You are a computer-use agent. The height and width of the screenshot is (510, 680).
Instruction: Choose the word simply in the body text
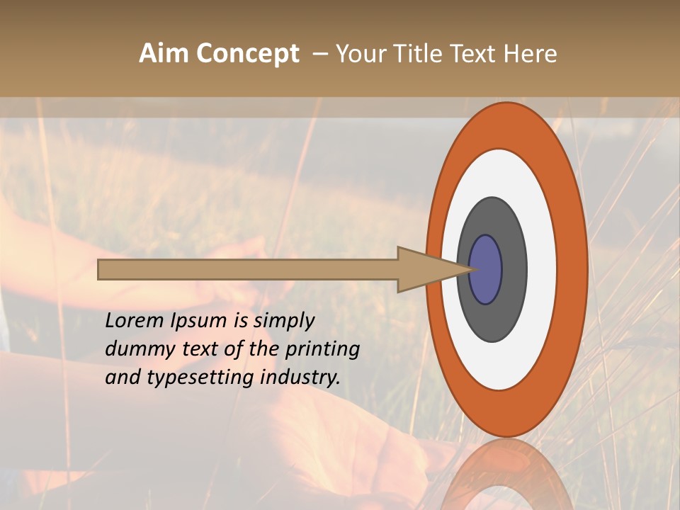(x=283, y=322)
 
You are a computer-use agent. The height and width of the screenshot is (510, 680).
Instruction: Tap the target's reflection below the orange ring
(x=506, y=475)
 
